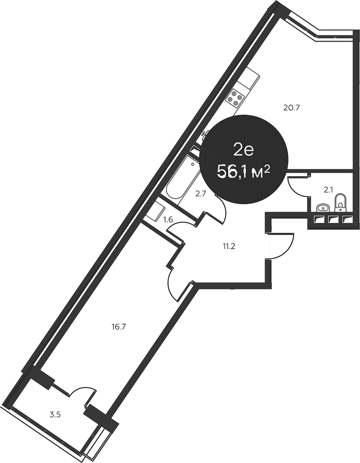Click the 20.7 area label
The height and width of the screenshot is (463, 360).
click(x=292, y=108)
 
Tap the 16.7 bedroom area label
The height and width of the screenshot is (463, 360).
click(x=118, y=327)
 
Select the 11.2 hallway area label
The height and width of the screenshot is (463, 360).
click(x=229, y=247)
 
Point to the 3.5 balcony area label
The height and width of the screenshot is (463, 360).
click(x=55, y=415)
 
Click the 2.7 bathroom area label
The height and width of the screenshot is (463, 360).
click(x=201, y=194)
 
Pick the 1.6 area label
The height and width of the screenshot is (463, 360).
click(x=168, y=220)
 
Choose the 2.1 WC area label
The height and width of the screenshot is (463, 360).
click(x=328, y=190)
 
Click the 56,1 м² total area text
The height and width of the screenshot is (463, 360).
click(x=244, y=171)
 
